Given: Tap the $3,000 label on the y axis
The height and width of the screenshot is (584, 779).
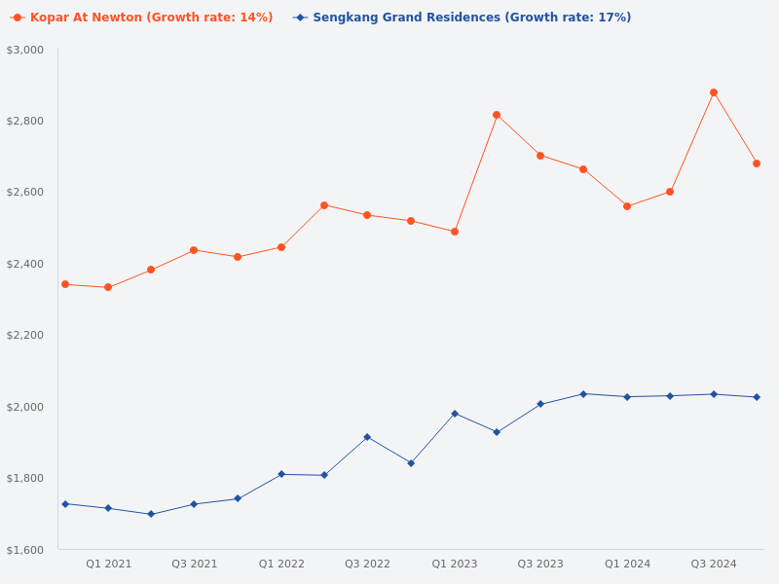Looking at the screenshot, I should pos(25,50).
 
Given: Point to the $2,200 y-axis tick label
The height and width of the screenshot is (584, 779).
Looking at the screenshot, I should pos(25,335).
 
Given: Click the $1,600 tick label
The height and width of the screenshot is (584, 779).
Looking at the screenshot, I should pos(25,550).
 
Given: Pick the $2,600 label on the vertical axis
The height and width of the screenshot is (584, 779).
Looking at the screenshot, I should pos(25,192).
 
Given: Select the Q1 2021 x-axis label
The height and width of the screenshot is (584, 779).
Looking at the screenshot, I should pos(108,564).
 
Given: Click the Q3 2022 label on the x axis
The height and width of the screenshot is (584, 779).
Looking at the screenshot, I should pos(367,564).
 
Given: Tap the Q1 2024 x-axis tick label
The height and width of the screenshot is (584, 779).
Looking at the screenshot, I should pos(627,564).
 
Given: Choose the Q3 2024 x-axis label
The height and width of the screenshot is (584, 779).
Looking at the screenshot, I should pos(714,564).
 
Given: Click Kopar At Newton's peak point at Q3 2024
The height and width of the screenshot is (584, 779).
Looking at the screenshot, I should pos(714,92).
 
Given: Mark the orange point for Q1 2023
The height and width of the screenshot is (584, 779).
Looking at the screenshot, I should pos(455,232).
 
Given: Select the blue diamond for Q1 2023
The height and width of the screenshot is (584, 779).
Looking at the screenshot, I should pos(455,414).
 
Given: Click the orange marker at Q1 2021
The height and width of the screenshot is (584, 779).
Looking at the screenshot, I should pos(108,287).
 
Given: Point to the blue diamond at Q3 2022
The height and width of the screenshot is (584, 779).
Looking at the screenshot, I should pos(367,437).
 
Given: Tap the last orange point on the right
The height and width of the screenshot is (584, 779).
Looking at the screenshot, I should pos(757,164).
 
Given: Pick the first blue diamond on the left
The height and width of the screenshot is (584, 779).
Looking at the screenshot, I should pos(65,504).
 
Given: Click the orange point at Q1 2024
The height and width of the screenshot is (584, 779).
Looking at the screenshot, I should pos(627,206).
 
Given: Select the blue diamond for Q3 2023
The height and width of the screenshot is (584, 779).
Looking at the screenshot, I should pos(540,404).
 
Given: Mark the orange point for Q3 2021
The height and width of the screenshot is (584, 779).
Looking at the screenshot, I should pos(194,250).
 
